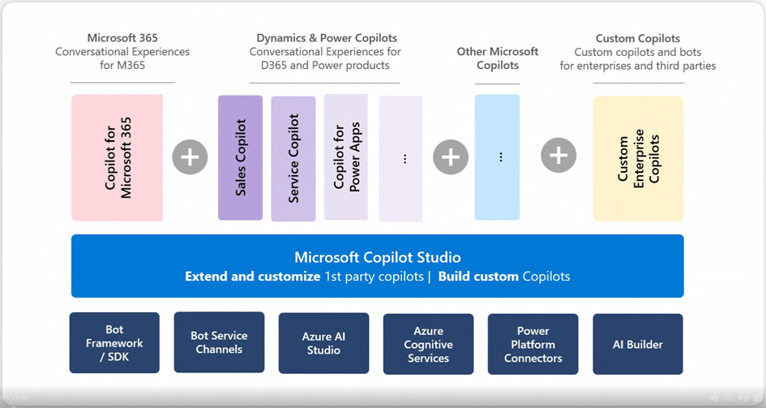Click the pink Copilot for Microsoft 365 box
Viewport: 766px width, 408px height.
pos(118,158)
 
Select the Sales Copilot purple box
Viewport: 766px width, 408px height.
pos(241,158)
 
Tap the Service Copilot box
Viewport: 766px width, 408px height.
pos(293,158)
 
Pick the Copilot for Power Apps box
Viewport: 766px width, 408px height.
pos(346,157)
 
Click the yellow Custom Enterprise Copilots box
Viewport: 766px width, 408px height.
pos(638,159)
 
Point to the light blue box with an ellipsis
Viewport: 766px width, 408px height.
pos(498,157)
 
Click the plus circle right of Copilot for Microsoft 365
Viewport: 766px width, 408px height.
pos(190,157)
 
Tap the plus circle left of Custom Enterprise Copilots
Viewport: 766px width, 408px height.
pos(558,156)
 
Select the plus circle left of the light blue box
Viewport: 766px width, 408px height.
pos(451,157)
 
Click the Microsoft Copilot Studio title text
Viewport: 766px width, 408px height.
pos(378,257)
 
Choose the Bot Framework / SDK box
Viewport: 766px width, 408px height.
pos(114,342)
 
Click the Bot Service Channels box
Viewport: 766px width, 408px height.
pos(220,342)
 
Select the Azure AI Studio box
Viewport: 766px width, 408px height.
pos(324,343)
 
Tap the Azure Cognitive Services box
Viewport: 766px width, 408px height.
pos(429,344)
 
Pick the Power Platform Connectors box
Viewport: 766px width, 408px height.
pos(533,344)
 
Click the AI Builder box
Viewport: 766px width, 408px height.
pos(638,344)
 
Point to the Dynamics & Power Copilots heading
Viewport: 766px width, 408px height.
pos(327,38)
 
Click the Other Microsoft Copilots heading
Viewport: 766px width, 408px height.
pos(498,58)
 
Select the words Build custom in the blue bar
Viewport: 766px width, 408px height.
pos(478,277)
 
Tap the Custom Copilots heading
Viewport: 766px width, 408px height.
pos(638,38)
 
